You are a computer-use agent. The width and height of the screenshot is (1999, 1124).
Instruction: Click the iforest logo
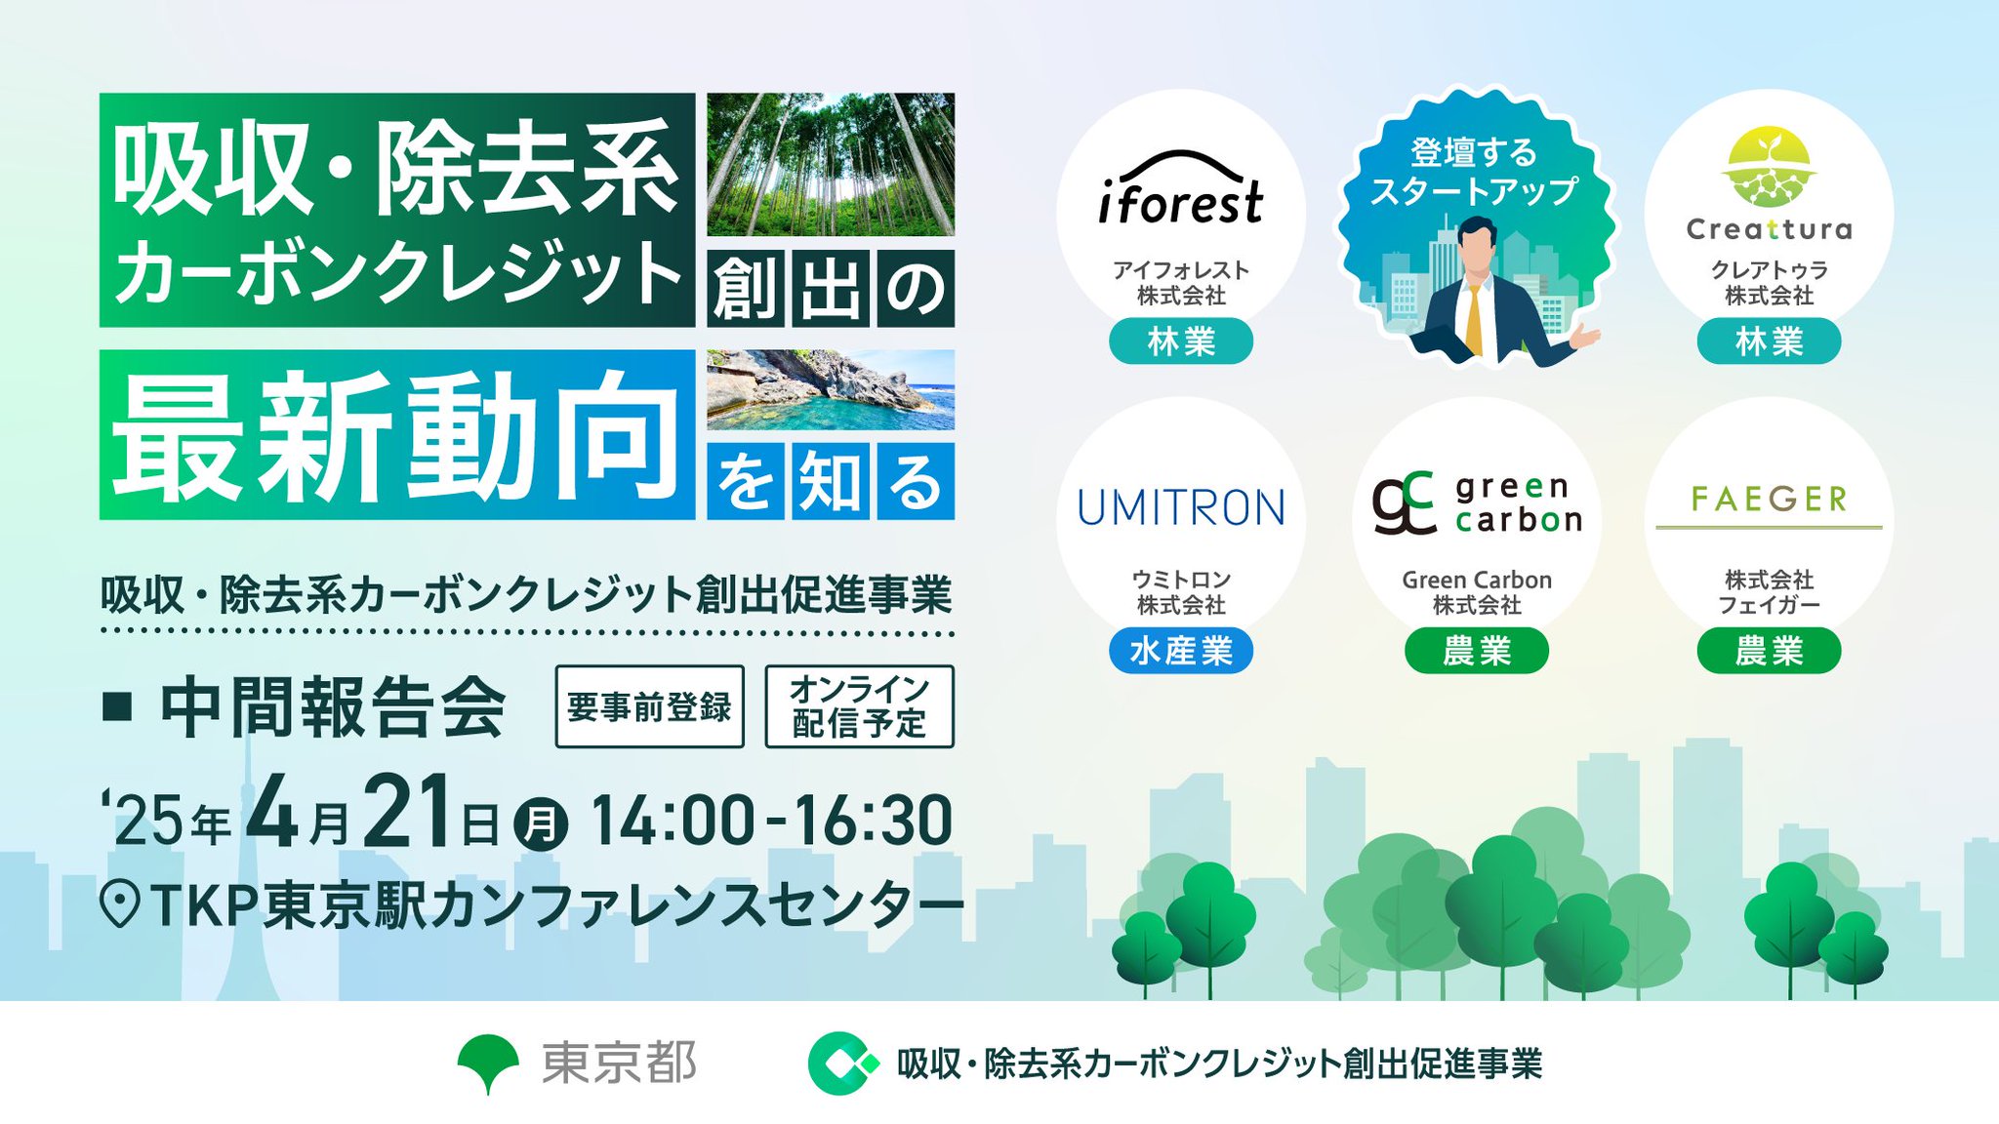[x=1180, y=187]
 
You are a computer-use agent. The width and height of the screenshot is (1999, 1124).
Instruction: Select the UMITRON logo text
[x=1181, y=507]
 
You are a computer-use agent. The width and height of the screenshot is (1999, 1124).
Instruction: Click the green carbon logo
[x=1477, y=502]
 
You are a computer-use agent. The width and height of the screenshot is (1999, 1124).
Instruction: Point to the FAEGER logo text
[x=1769, y=500]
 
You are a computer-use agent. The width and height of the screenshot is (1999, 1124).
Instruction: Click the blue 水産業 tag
[x=1181, y=651]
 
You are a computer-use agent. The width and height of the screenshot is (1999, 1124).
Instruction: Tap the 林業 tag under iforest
[x=1181, y=341]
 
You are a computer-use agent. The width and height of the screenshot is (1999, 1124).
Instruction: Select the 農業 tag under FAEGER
[x=1769, y=651]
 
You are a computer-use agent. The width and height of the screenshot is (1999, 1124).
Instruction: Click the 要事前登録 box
[x=649, y=706]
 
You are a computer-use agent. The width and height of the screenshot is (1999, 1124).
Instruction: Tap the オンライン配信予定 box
[x=859, y=706]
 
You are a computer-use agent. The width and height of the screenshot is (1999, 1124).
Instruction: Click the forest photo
[x=831, y=164]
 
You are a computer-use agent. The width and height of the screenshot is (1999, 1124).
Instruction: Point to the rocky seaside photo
[x=831, y=389]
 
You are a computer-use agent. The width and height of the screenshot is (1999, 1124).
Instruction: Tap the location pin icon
[x=120, y=903]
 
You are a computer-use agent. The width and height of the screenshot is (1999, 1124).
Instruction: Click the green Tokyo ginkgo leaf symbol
[x=488, y=1063]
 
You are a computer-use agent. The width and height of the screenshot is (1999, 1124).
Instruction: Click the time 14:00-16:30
[x=771, y=821]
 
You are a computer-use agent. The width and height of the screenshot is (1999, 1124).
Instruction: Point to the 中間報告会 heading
[x=333, y=707]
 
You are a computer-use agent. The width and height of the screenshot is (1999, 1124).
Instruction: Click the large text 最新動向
[x=395, y=436]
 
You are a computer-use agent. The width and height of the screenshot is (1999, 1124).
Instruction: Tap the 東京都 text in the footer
[x=619, y=1063]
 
